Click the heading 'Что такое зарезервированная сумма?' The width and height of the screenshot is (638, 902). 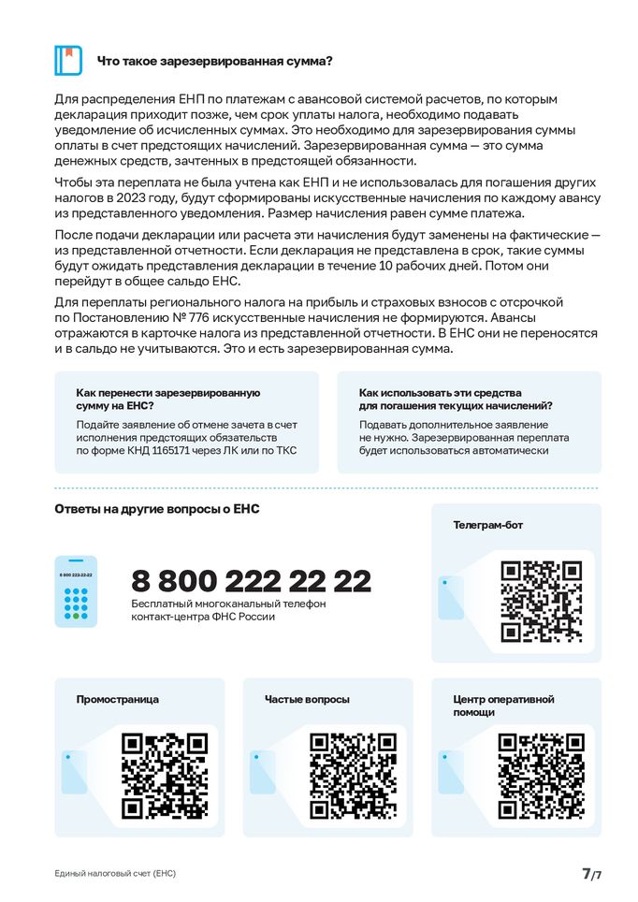(x=215, y=61)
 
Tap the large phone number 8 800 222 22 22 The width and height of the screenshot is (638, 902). (x=251, y=580)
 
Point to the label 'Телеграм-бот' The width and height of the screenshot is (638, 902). (x=487, y=525)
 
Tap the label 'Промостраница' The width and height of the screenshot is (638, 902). (x=118, y=699)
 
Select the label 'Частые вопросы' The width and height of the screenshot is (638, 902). (x=307, y=699)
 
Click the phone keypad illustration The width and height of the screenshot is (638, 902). (x=76, y=591)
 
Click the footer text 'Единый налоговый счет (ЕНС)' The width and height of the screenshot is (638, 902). (x=115, y=873)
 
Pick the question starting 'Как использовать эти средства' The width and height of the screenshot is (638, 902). (x=455, y=400)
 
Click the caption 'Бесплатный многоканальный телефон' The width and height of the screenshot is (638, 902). (x=226, y=605)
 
